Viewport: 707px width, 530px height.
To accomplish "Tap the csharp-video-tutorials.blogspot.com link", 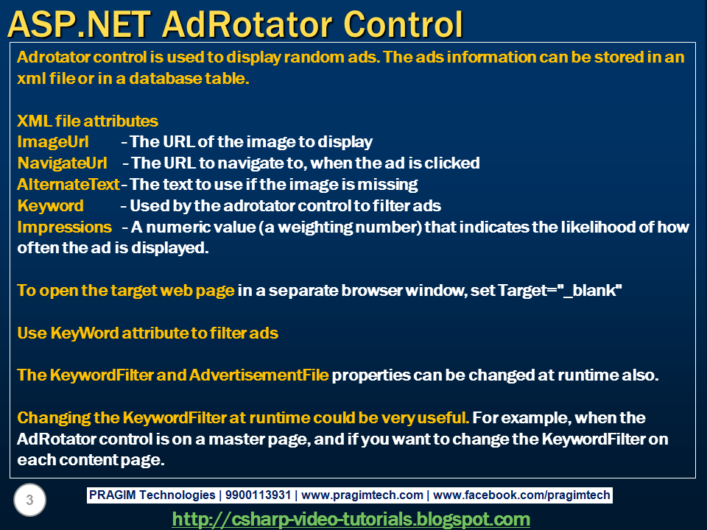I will click(x=351, y=520).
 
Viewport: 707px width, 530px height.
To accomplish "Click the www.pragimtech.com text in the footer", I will click(x=362, y=495).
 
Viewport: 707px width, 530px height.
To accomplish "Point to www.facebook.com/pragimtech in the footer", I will click(x=521, y=495).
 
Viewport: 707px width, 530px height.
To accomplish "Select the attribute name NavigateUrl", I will click(x=62, y=163).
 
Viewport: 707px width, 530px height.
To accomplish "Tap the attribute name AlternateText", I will click(x=68, y=184).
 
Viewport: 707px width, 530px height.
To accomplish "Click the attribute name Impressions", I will click(x=64, y=227).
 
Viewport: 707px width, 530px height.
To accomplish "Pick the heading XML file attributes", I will click(x=88, y=121).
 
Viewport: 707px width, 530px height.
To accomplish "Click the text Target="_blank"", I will click(x=560, y=290).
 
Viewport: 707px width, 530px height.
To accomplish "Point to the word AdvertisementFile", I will click(x=258, y=375).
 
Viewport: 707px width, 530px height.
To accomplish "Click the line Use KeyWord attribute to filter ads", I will click(x=147, y=333).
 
